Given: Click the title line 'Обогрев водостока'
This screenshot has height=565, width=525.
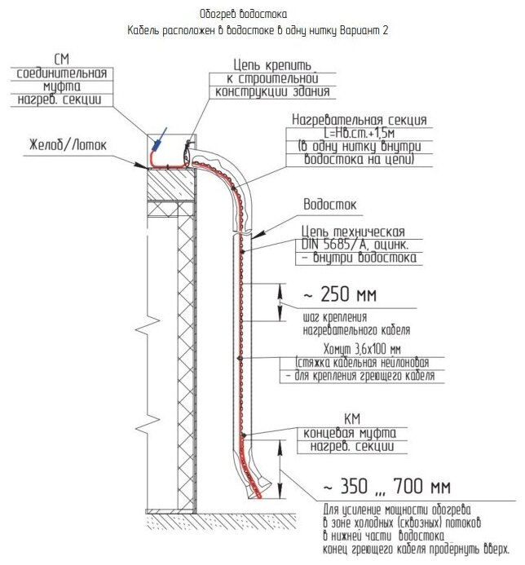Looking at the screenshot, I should [243, 15].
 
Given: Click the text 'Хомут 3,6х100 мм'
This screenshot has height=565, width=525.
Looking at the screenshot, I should [364, 348].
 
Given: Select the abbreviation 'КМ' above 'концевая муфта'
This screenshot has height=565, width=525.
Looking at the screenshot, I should [351, 418].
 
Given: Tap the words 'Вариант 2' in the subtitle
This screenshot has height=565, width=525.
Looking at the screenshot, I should [363, 31].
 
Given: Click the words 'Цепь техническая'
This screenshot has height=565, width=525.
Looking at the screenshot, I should [352, 231].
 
